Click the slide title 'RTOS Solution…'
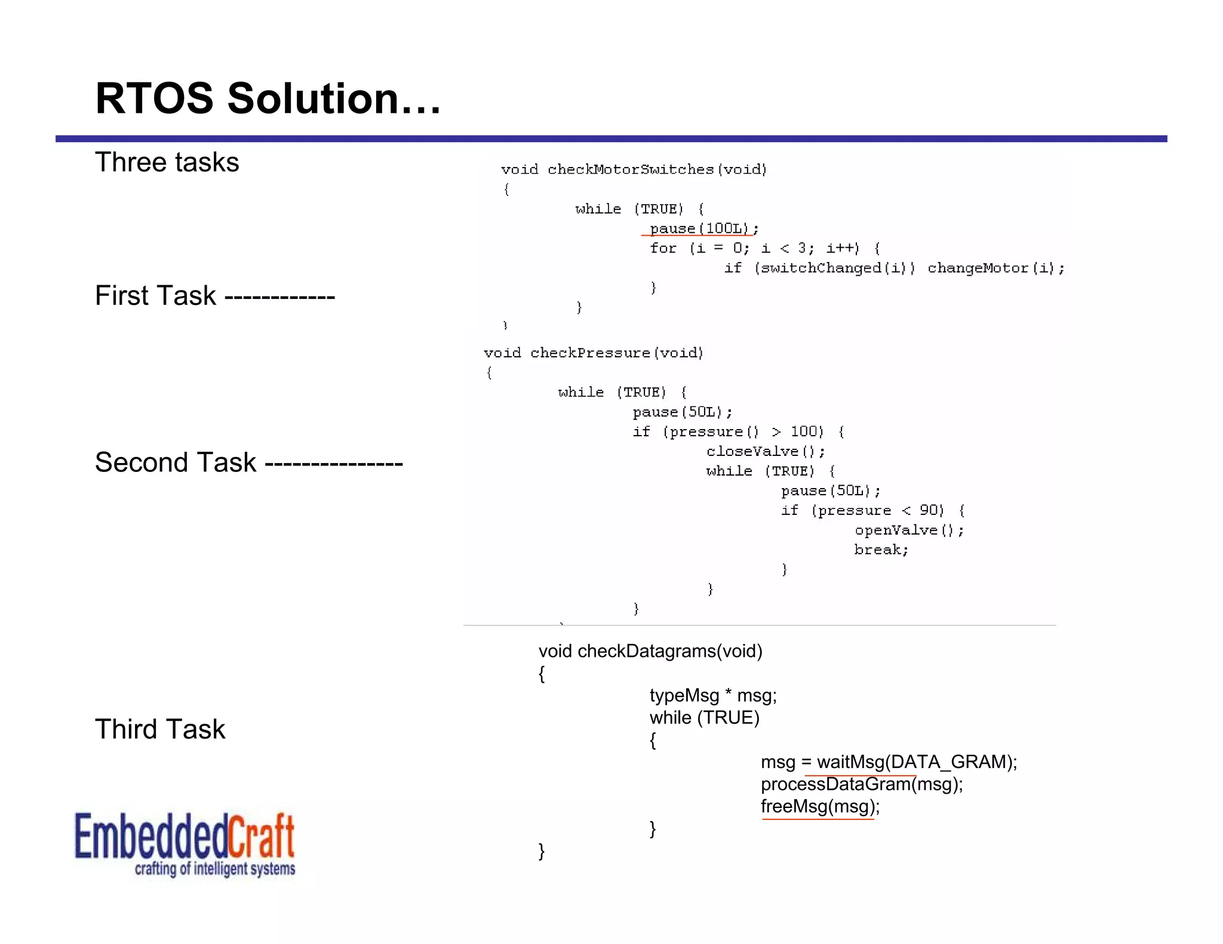point(268,98)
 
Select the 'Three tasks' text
point(167,162)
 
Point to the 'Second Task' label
point(176,462)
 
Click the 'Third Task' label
point(160,729)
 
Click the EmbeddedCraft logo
point(185,844)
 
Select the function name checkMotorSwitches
point(630,169)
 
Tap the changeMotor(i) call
point(995,268)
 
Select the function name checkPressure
point(590,353)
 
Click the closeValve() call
point(765,451)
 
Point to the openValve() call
point(908,530)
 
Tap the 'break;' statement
point(881,550)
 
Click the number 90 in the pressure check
point(928,510)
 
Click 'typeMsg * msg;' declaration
point(713,696)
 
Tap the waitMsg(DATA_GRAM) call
point(916,762)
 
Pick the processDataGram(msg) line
point(862,784)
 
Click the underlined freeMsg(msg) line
point(820,807)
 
